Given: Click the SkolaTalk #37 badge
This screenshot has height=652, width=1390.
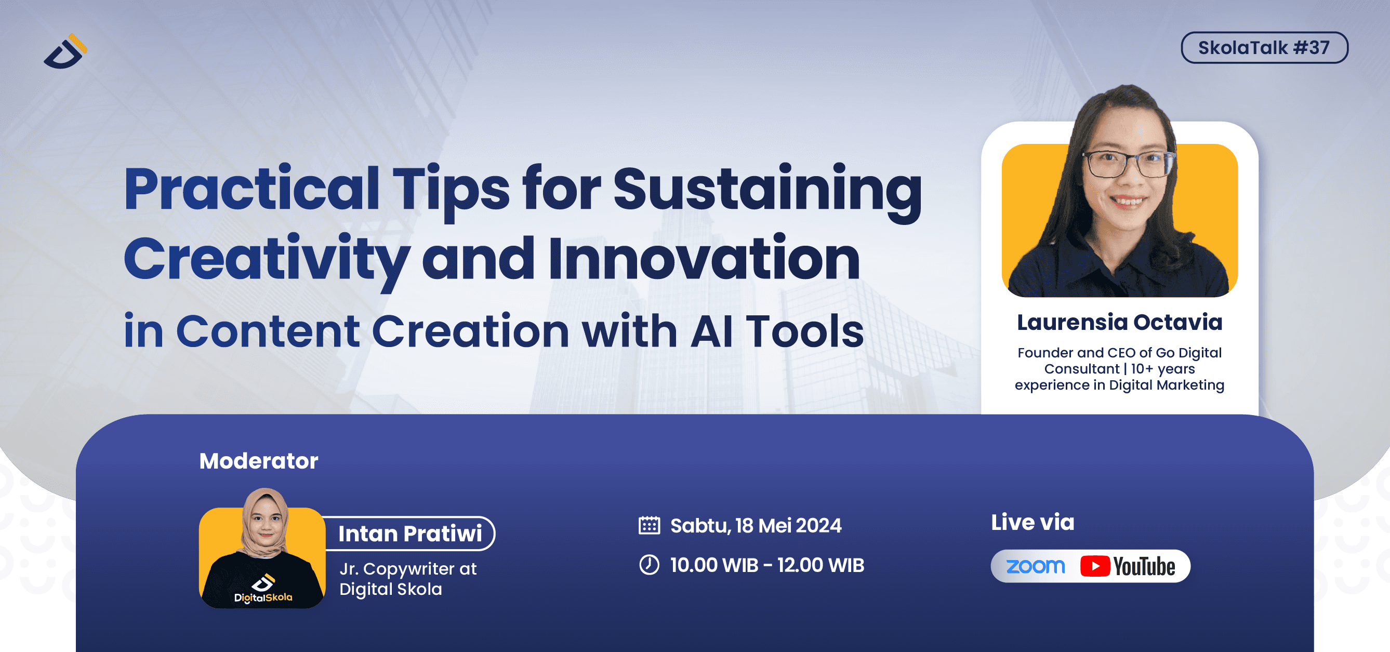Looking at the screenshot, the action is tap(1264, 47).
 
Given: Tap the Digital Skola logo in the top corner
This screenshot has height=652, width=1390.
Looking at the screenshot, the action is tap(65, 51).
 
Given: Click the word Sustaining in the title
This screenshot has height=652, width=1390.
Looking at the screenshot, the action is tap(767, 190).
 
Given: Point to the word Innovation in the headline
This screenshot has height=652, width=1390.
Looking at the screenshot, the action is tap(704, 257).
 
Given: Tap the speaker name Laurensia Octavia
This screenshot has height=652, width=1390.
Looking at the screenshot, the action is tap(1120, 322).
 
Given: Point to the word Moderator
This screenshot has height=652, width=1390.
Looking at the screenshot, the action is tap(258, 461).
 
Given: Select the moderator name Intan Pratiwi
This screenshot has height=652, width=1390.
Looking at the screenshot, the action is tap(410, 534).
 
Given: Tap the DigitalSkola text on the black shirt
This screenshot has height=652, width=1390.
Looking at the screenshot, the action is tap(263, 597).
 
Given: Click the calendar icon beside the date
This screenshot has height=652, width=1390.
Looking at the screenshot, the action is tap(649, 525).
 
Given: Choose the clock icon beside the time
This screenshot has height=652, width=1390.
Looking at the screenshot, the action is tap(649, 565).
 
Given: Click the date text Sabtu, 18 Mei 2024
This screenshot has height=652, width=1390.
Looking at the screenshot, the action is tap(756, 525).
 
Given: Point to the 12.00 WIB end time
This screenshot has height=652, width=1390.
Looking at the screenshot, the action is tap(820, 565).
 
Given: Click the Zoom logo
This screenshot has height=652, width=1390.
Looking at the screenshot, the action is tap(1036, 566).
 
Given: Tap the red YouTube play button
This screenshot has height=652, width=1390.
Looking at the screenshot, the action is tap(1095, 566).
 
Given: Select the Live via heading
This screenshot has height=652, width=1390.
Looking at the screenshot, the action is tap(1032, 522).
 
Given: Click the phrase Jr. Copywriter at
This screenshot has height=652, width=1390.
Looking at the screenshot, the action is tap(408, 569).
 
